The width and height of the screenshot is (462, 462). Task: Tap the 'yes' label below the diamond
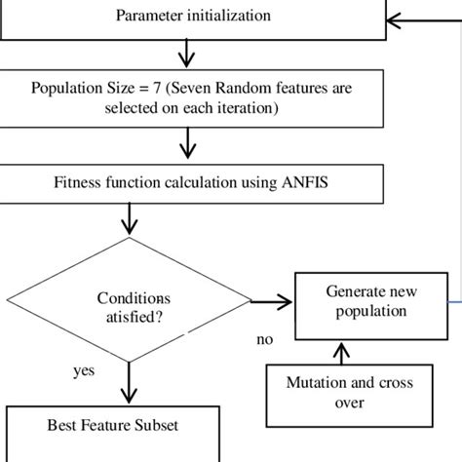pos(84,371)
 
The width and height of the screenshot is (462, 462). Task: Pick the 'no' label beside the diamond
pos(264,340)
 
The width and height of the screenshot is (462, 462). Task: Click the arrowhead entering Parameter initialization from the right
pos(393,17)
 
